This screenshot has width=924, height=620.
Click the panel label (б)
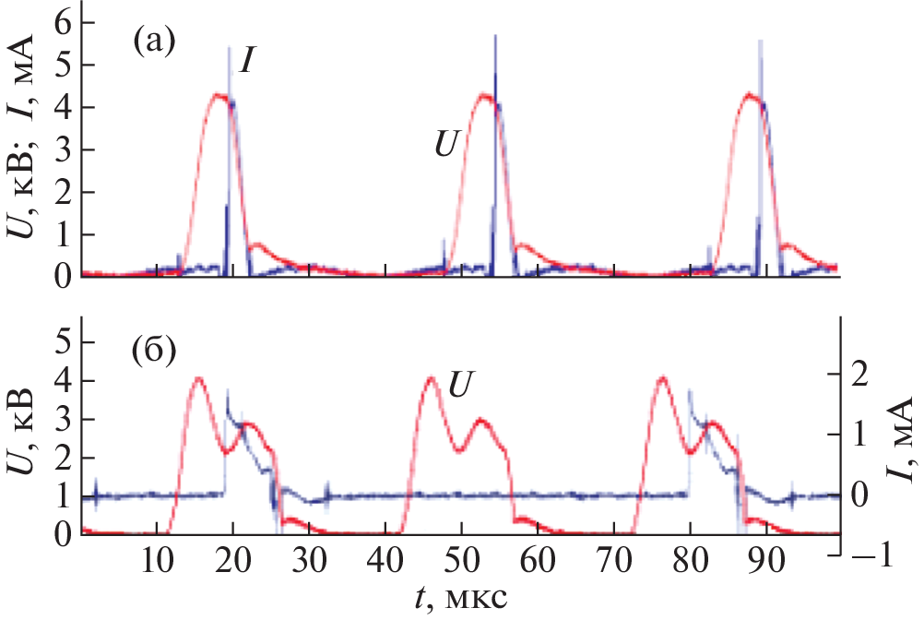(x=154, y=355)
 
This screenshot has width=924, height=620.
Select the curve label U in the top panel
(x=447, y=146)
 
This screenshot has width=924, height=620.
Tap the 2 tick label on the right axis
(x=861, y=376)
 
